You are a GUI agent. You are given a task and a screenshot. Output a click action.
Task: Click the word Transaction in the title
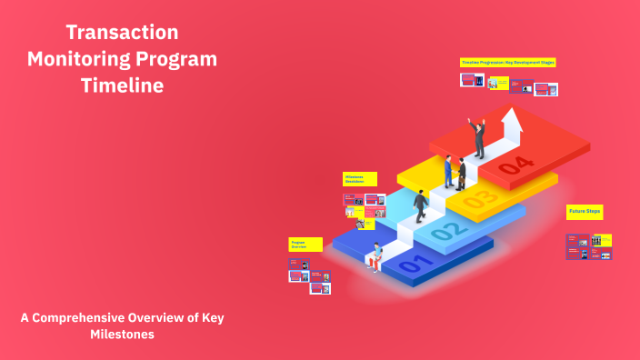tap(122, 33)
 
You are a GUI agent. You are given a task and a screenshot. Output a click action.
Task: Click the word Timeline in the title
tap(122, 86)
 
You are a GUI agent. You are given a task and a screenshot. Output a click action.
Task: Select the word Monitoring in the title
tap(78, 60)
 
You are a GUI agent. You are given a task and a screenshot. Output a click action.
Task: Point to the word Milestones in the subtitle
tap(122, 335)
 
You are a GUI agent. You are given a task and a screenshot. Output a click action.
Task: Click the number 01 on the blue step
tap(411, 265)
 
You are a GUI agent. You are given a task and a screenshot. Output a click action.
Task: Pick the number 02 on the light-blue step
tap(445, 231)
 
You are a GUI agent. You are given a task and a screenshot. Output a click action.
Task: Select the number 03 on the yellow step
tap(481, 195)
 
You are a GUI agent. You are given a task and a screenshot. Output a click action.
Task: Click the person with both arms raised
tap(478, 137)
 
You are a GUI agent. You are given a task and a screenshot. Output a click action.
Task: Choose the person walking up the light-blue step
tap(420, 205)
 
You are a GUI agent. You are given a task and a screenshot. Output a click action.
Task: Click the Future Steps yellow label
tap(585, 211)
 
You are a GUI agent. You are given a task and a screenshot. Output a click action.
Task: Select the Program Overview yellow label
tap(305, 245)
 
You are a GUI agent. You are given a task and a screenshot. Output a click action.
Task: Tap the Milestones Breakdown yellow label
tap(359, 179)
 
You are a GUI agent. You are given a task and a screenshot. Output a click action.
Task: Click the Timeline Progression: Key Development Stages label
tap(507, 62)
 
